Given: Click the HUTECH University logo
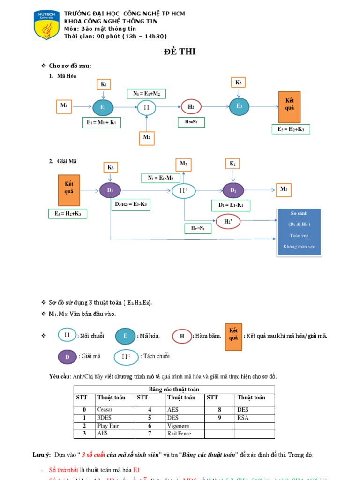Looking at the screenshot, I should (x=46, y=24).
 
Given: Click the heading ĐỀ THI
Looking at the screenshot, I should (x=180, y=52).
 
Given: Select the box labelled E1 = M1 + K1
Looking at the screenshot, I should (x=101, y=123).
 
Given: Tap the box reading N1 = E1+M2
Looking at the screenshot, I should (x=146, y=94).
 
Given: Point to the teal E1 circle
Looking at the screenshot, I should (x=103, y=108).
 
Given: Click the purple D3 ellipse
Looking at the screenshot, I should (x=110, y=190).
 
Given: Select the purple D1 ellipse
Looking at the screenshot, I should (x=233, y=190).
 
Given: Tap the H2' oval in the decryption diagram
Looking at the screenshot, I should (x=228, y=220).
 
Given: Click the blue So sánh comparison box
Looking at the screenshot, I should (x=300, y=232).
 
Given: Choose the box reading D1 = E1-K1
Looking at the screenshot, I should (x=231, y=205).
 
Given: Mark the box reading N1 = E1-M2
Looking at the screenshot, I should (x=160, y=178).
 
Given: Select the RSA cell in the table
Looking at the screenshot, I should (x=243, y=418).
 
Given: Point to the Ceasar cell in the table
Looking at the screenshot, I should (x=105, y=410).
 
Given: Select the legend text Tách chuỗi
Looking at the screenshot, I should (x=155, y=357).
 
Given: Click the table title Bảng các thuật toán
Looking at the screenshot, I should (x=174, y=390).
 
